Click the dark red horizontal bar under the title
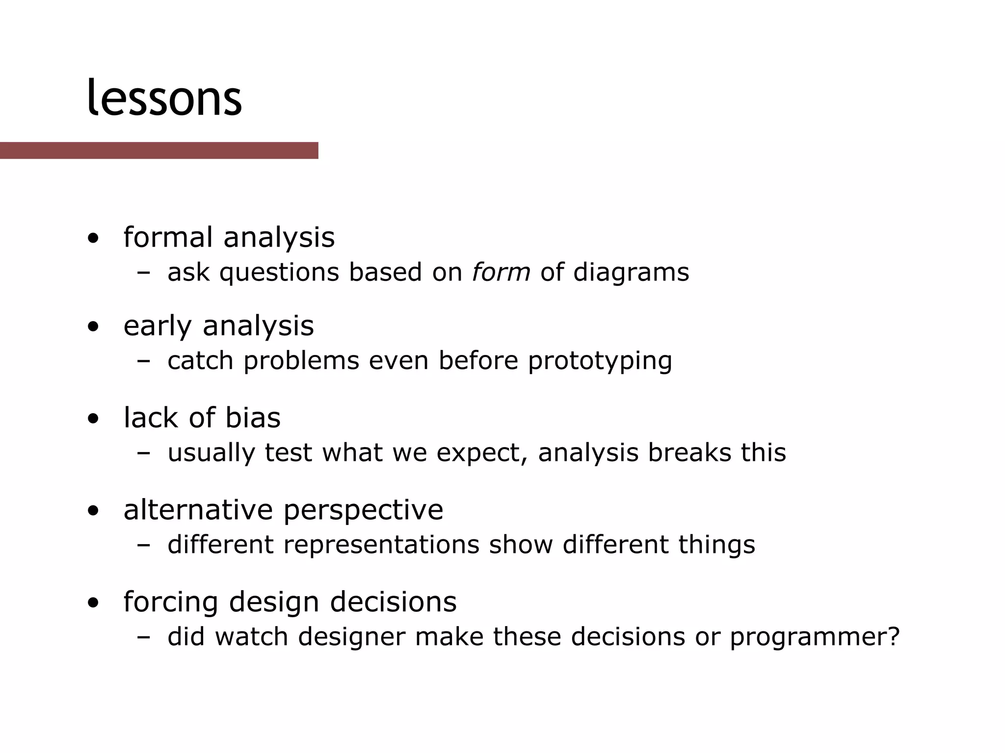click(159, 151)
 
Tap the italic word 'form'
click(501, 272)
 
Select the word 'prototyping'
click(600, 361)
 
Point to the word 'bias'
click(253, 418)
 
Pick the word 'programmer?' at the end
click(815, 637)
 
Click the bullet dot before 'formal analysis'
click(93, 239)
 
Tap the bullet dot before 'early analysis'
click(93, 327)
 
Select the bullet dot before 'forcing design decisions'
click(93, 603)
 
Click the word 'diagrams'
click(631, 273)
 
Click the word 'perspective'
click(363, 510)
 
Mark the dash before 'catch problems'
click(144, 361)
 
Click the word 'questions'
click(279, 273)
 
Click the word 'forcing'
click(170, 602)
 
